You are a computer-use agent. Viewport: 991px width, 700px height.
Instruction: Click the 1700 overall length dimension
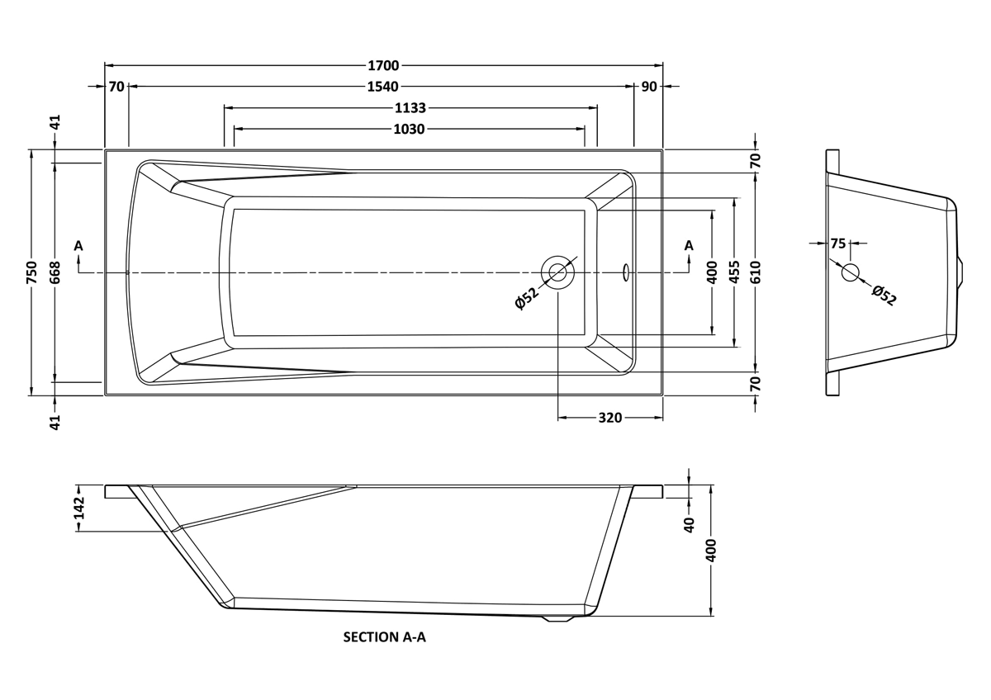[x=383, y=65]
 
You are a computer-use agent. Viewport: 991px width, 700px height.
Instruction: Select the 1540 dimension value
[x=383, y=87]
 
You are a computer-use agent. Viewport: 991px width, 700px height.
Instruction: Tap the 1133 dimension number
[x=410, y=108]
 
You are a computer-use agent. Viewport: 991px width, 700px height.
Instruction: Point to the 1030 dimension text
[x=410, y=129]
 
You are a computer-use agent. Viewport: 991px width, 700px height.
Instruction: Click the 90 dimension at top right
[x=649, y=87]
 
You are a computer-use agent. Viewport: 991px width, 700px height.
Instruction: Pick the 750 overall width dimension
[x=32, y=273]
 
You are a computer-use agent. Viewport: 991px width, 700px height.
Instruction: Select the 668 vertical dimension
[x=55, y=273]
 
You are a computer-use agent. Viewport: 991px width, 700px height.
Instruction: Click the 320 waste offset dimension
[x=610, y=418]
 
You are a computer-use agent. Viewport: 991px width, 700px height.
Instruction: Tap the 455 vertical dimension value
[x=733, y=272]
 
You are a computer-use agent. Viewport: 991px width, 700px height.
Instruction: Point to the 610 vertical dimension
[x=755, y=272]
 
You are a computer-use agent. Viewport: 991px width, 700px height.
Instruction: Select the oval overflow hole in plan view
[x=626, y=272]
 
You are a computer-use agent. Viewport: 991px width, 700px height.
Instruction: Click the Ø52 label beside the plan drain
[x=528, y=299]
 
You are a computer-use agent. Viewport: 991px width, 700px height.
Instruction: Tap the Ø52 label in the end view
[x=884, y=296]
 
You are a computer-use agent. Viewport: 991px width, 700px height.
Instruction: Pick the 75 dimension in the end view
[x=838, y=244]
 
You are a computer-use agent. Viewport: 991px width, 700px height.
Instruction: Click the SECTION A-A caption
[x=385, y=637]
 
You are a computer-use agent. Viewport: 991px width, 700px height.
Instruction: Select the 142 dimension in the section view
[x=78, y=508]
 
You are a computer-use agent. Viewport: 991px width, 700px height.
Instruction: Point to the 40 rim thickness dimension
[x=690, y=525]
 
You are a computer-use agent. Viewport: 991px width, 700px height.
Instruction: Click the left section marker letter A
[x=78, y=245]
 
